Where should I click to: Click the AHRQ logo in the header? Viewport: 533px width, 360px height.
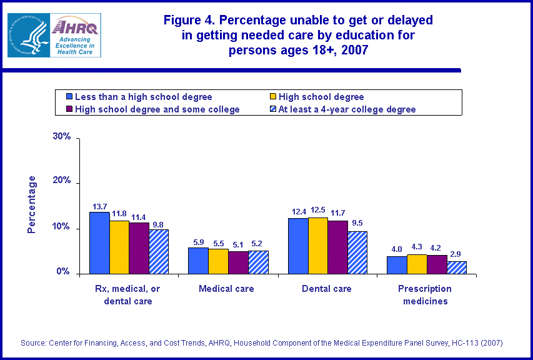click(x=54, y=35)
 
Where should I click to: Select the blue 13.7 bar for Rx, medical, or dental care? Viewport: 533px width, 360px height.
click(x=99, y=243)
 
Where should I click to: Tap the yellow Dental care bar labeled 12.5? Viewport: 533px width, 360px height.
click(x=317, y=246)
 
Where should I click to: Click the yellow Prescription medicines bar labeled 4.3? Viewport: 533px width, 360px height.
click(x=417, y=264)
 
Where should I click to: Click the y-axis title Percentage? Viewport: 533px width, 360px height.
click(x=32, y=204)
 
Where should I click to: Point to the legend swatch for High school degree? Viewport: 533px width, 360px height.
click(x=272, y=97)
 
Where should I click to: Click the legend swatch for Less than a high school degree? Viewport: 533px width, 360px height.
click(x=69, y=97)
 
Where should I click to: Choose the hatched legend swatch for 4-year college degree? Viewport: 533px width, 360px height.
click(x=272, y=109)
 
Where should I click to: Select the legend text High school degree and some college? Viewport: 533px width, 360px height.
click(x=157, y=109)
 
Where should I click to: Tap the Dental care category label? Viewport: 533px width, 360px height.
click(x=327, y=289)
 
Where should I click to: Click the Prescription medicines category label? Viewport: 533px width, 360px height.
click(x=425, y=294)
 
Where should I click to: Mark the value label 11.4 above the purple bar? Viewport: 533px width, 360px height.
click(x=138, y=216)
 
